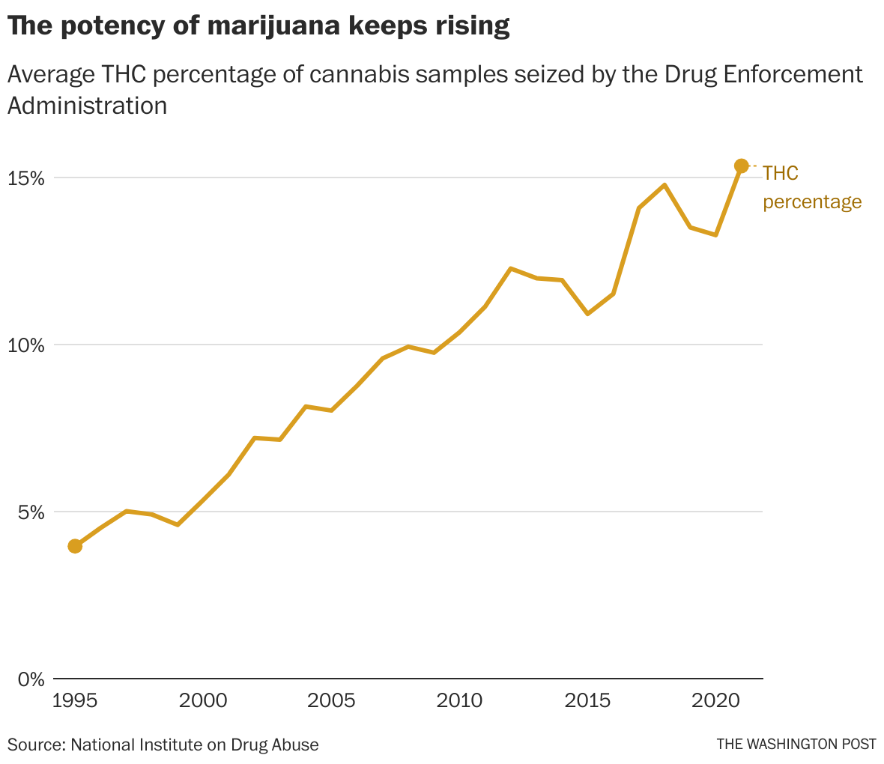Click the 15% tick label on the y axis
pos(27,178)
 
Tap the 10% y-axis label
pos(27,345)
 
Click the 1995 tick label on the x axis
pos(74,701)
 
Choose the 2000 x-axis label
pos(204,701)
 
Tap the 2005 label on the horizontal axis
pos(331,701)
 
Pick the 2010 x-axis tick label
pos(460,701)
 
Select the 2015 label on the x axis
pos(588,701)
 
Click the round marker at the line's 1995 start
pos(75,546)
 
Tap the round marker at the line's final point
pos(741,166)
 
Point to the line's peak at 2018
pos(664,185)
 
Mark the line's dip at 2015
pos(587,314)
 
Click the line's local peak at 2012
pos(510,268)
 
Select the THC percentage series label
pos(811,187)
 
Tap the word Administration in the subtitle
pos(87,106)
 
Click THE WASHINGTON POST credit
pos(796,745)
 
